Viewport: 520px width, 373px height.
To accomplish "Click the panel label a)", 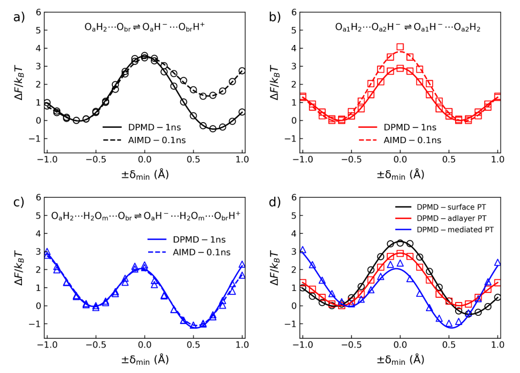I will coord(19,17).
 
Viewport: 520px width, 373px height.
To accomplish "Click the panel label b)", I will coord(275,17).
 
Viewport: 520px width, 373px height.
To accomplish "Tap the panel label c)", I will coord(19,202).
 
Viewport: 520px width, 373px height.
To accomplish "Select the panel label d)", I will coord(275,202).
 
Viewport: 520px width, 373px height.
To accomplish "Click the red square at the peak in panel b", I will coord(400,48).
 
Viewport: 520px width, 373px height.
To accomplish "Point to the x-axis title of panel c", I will coord(145,359).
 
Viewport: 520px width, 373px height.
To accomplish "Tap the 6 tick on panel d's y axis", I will coord(293,197).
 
